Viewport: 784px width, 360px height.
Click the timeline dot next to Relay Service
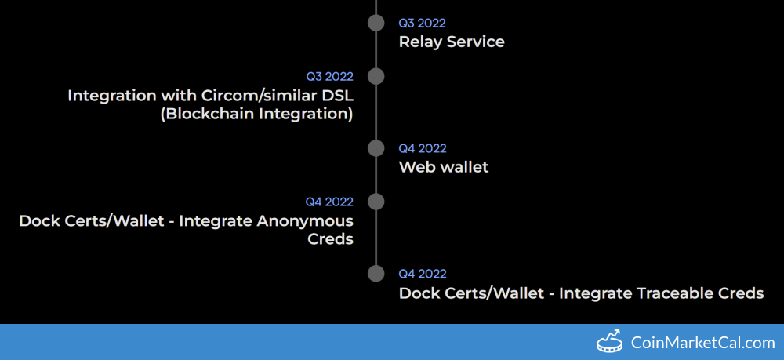[376, 23]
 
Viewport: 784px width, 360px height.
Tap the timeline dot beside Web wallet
[376, 148]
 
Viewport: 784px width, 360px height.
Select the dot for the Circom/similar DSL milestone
[376, 77]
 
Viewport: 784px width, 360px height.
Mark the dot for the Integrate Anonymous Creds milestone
[376, 202]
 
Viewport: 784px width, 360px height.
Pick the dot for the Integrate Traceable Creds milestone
[376, 274]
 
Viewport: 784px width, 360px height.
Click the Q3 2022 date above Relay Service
[422, 23]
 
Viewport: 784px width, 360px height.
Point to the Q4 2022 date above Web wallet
[423, 148]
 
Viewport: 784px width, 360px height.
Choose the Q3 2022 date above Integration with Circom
[330, 77]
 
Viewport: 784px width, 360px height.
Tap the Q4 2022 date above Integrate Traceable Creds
[423, 274]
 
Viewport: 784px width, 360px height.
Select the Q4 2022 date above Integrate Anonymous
[329, 202]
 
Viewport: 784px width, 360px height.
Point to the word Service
[476, 42]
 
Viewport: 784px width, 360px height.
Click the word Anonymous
[305, 220]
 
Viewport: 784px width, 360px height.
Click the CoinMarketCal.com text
[702, 343]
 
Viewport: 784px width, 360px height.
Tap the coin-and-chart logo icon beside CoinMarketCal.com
[610, 341]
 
